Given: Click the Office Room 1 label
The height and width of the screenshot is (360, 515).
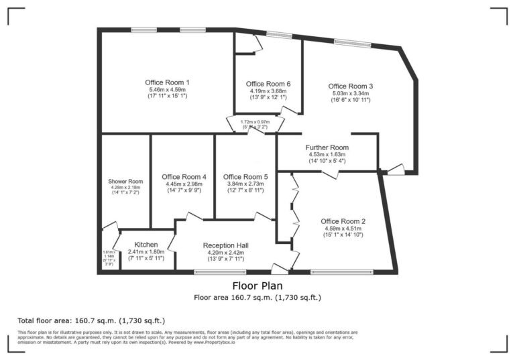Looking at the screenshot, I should pos(167,82).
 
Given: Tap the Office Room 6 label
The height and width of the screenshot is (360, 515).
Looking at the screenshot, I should pos(268,84).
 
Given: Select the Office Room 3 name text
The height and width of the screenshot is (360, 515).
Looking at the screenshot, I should pos(350,86).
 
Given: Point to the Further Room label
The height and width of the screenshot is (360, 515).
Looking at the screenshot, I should pos(327,147).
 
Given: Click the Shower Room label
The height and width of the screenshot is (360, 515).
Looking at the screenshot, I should pos(126,181).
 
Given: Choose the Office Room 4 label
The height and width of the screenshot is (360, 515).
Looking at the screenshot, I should pos(184,177).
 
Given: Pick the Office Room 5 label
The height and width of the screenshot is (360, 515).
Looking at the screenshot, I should pos(245,177).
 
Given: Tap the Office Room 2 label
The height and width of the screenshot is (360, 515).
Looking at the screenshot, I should pos(343,221).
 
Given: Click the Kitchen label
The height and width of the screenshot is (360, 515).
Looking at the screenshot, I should pos(146,244).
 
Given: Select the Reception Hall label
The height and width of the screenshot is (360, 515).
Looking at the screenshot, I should pos(226,245).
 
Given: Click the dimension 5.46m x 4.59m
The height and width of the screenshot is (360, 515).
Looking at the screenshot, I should pos(167,89).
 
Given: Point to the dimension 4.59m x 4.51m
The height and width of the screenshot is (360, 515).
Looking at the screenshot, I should pos(343,228).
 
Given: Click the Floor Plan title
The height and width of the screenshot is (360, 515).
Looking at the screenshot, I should pos(257,286).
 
